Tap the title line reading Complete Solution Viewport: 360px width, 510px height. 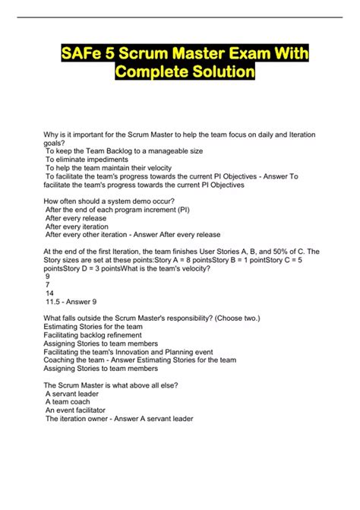click(x=185, y=73)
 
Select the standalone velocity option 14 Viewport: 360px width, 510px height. click(x=49, y=292)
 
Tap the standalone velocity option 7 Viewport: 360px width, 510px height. click(x=48, y=284)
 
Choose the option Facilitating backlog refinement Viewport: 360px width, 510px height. click(x=93, y=334)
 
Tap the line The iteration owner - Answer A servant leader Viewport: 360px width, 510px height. click(x=119, y=418)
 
